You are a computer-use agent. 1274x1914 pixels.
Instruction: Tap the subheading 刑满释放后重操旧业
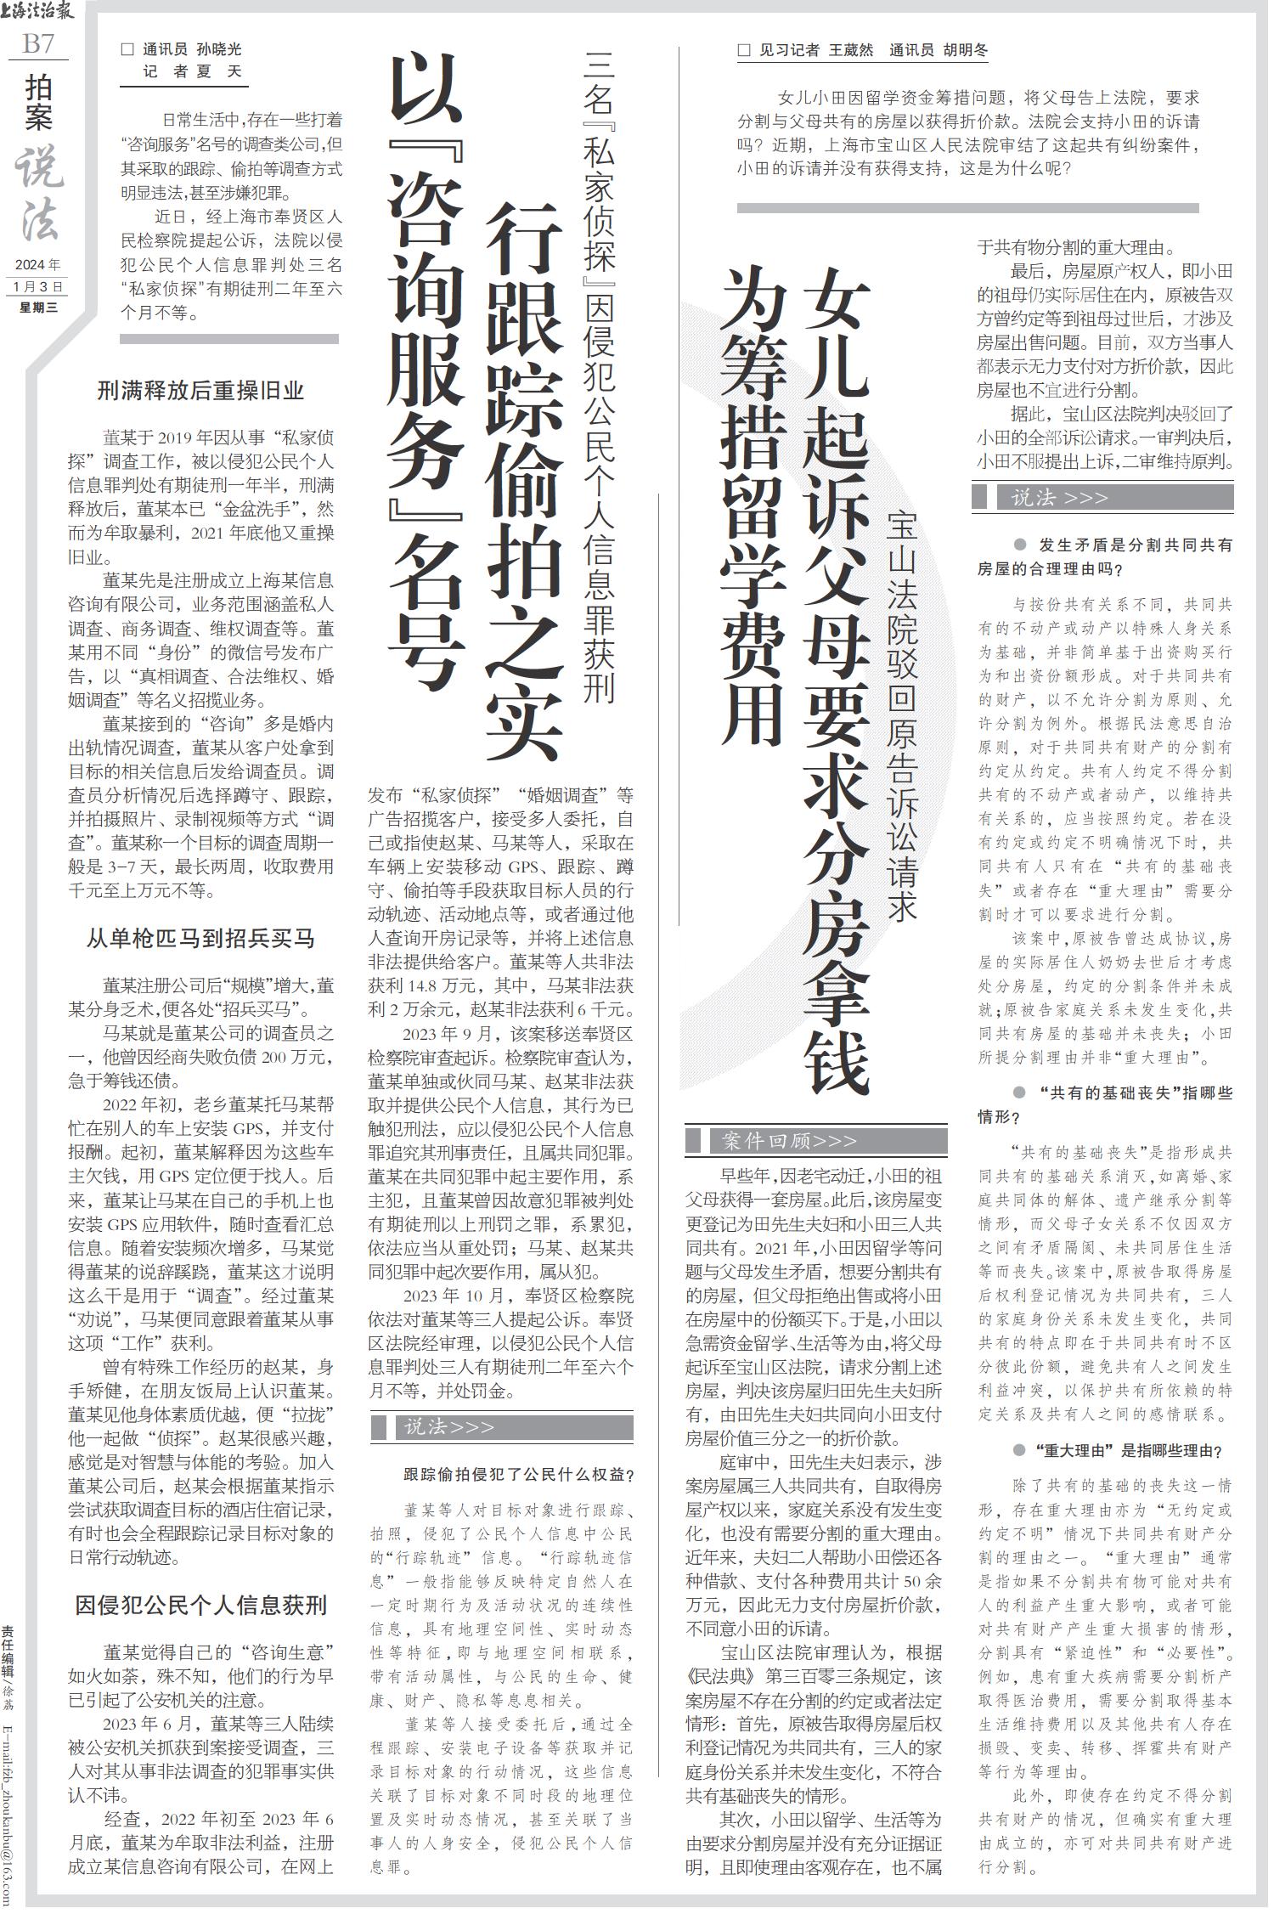click(x=200, y=392)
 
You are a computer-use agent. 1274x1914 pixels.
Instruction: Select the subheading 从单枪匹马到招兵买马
click(x=200, y=939)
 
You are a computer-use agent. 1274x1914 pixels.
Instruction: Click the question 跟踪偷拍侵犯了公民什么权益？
click(x=519, y=1475)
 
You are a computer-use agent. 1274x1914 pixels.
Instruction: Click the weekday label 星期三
click(x=39, y=308)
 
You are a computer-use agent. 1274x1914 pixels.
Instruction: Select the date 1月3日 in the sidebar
click(x=39, y=286)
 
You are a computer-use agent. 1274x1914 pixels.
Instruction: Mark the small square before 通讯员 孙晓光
click(x=127, y=50)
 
